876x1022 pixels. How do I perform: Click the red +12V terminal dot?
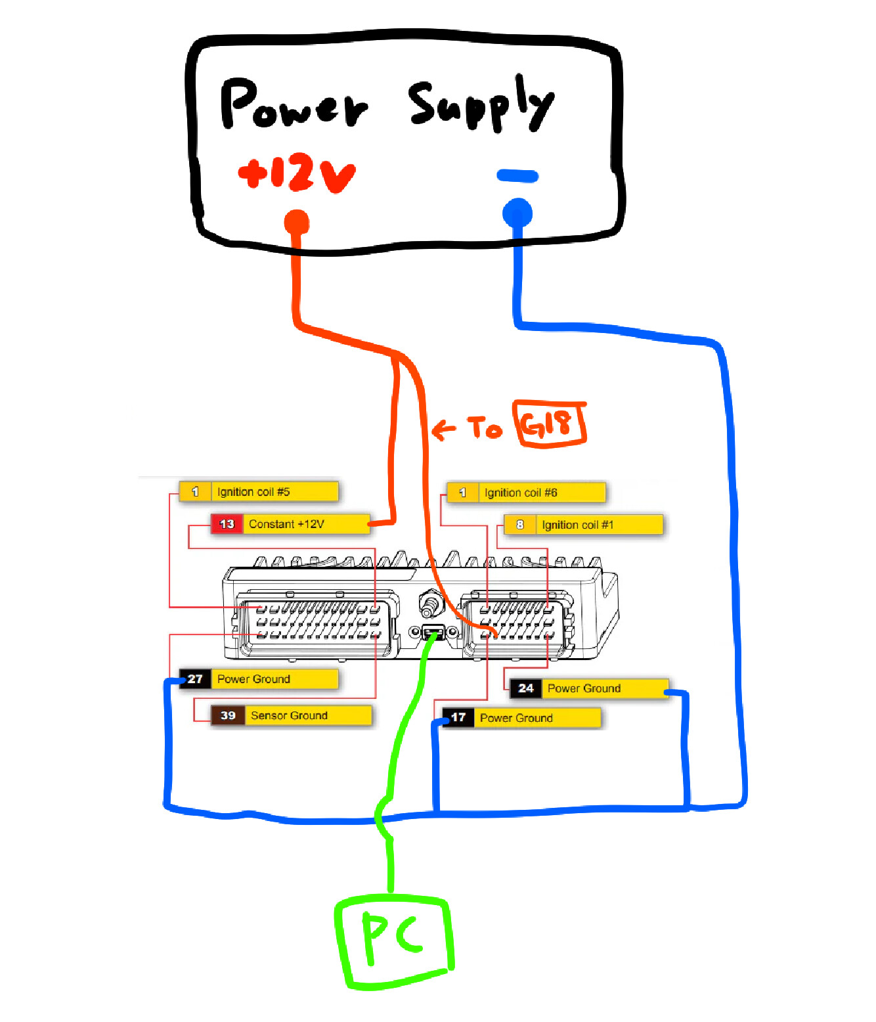coord(296,222)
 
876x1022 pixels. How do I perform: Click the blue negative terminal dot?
coord(517,213)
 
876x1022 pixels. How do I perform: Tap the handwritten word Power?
coord(293,105)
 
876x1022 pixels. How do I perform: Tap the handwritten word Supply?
coord(481,104)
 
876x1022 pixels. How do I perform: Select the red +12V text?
coord(297,172)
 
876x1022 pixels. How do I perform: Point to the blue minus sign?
coord(517,175)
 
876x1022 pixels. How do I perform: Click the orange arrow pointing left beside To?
coord(444,430)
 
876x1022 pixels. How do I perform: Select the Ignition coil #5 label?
coord(253,492)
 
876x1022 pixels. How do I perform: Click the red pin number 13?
coord(227,524)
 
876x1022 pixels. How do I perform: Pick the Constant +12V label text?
coord(287,524)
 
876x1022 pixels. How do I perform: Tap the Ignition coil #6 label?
coord(521,493)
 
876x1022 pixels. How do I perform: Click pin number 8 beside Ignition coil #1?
coord(520,525)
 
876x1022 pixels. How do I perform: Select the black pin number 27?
coord(195,679)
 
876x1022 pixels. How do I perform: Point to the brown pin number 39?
coord(228,715)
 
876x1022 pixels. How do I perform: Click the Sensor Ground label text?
coord(289,715)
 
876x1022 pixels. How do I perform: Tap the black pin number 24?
coord(526,688)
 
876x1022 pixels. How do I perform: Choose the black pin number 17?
coord(458,717)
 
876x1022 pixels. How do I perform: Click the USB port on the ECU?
coord(433,633)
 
